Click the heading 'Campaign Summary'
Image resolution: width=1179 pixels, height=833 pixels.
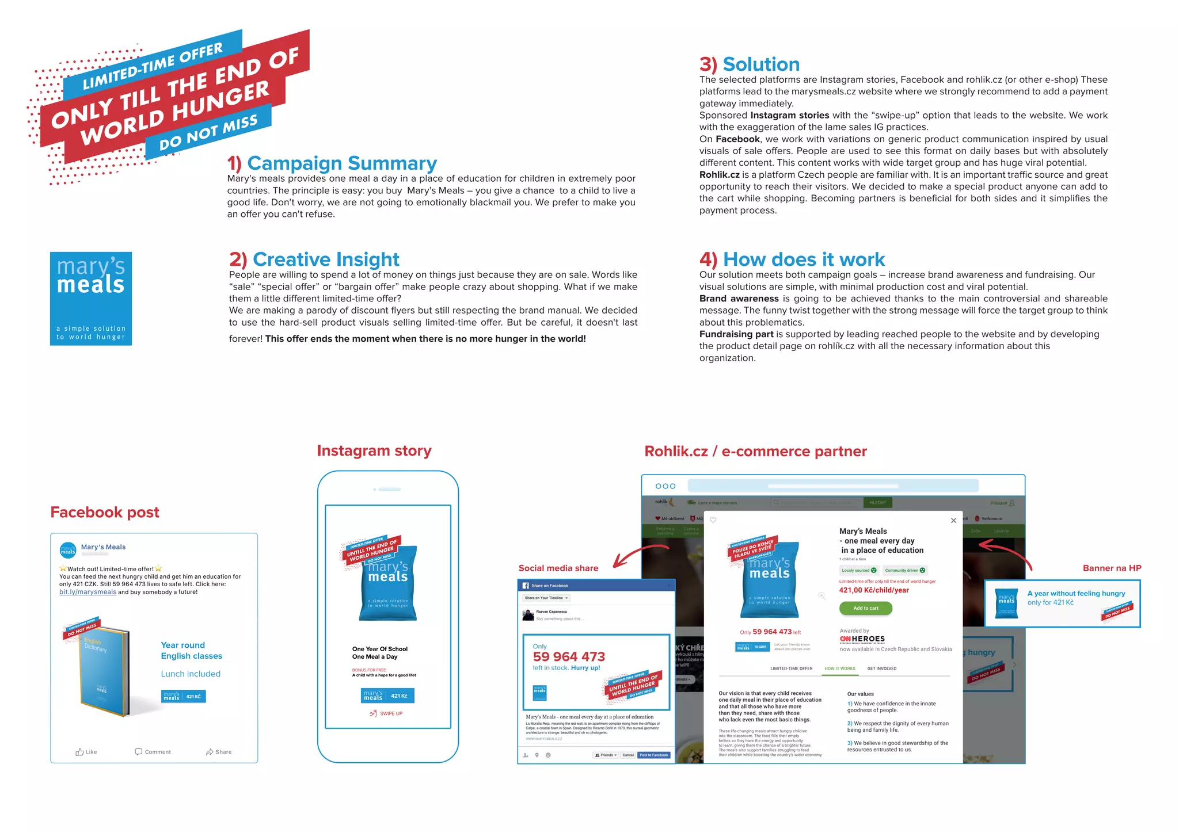coord(332,163)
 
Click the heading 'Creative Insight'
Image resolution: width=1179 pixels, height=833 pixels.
coord(314,259)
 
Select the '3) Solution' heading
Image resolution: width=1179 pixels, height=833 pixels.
coord(749,64)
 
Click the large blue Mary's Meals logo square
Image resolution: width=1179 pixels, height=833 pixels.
coord(91,299)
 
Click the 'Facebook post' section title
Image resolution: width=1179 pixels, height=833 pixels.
coord(105,513)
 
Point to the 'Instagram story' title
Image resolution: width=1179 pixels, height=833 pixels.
coord(374,451)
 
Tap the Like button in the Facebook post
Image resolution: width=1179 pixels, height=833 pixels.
coord(86,752)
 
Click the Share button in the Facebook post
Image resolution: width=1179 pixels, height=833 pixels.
coord(219,752)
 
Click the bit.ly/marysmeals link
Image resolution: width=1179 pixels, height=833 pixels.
coord(88,592)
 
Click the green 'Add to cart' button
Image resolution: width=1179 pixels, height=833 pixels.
coord(865,608)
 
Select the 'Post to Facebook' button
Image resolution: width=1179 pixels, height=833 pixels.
coord(653,755)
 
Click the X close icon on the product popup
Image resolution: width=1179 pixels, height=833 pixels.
coord(953,521)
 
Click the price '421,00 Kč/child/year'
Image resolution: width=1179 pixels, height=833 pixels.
coord(874,590)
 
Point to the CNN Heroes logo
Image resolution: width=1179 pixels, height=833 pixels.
coord(862,639)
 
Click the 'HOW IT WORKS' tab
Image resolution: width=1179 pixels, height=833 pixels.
coord(839,668)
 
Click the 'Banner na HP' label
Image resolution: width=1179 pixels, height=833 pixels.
coord(1112,568)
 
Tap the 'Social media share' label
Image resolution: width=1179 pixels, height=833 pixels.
coord(558,568)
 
